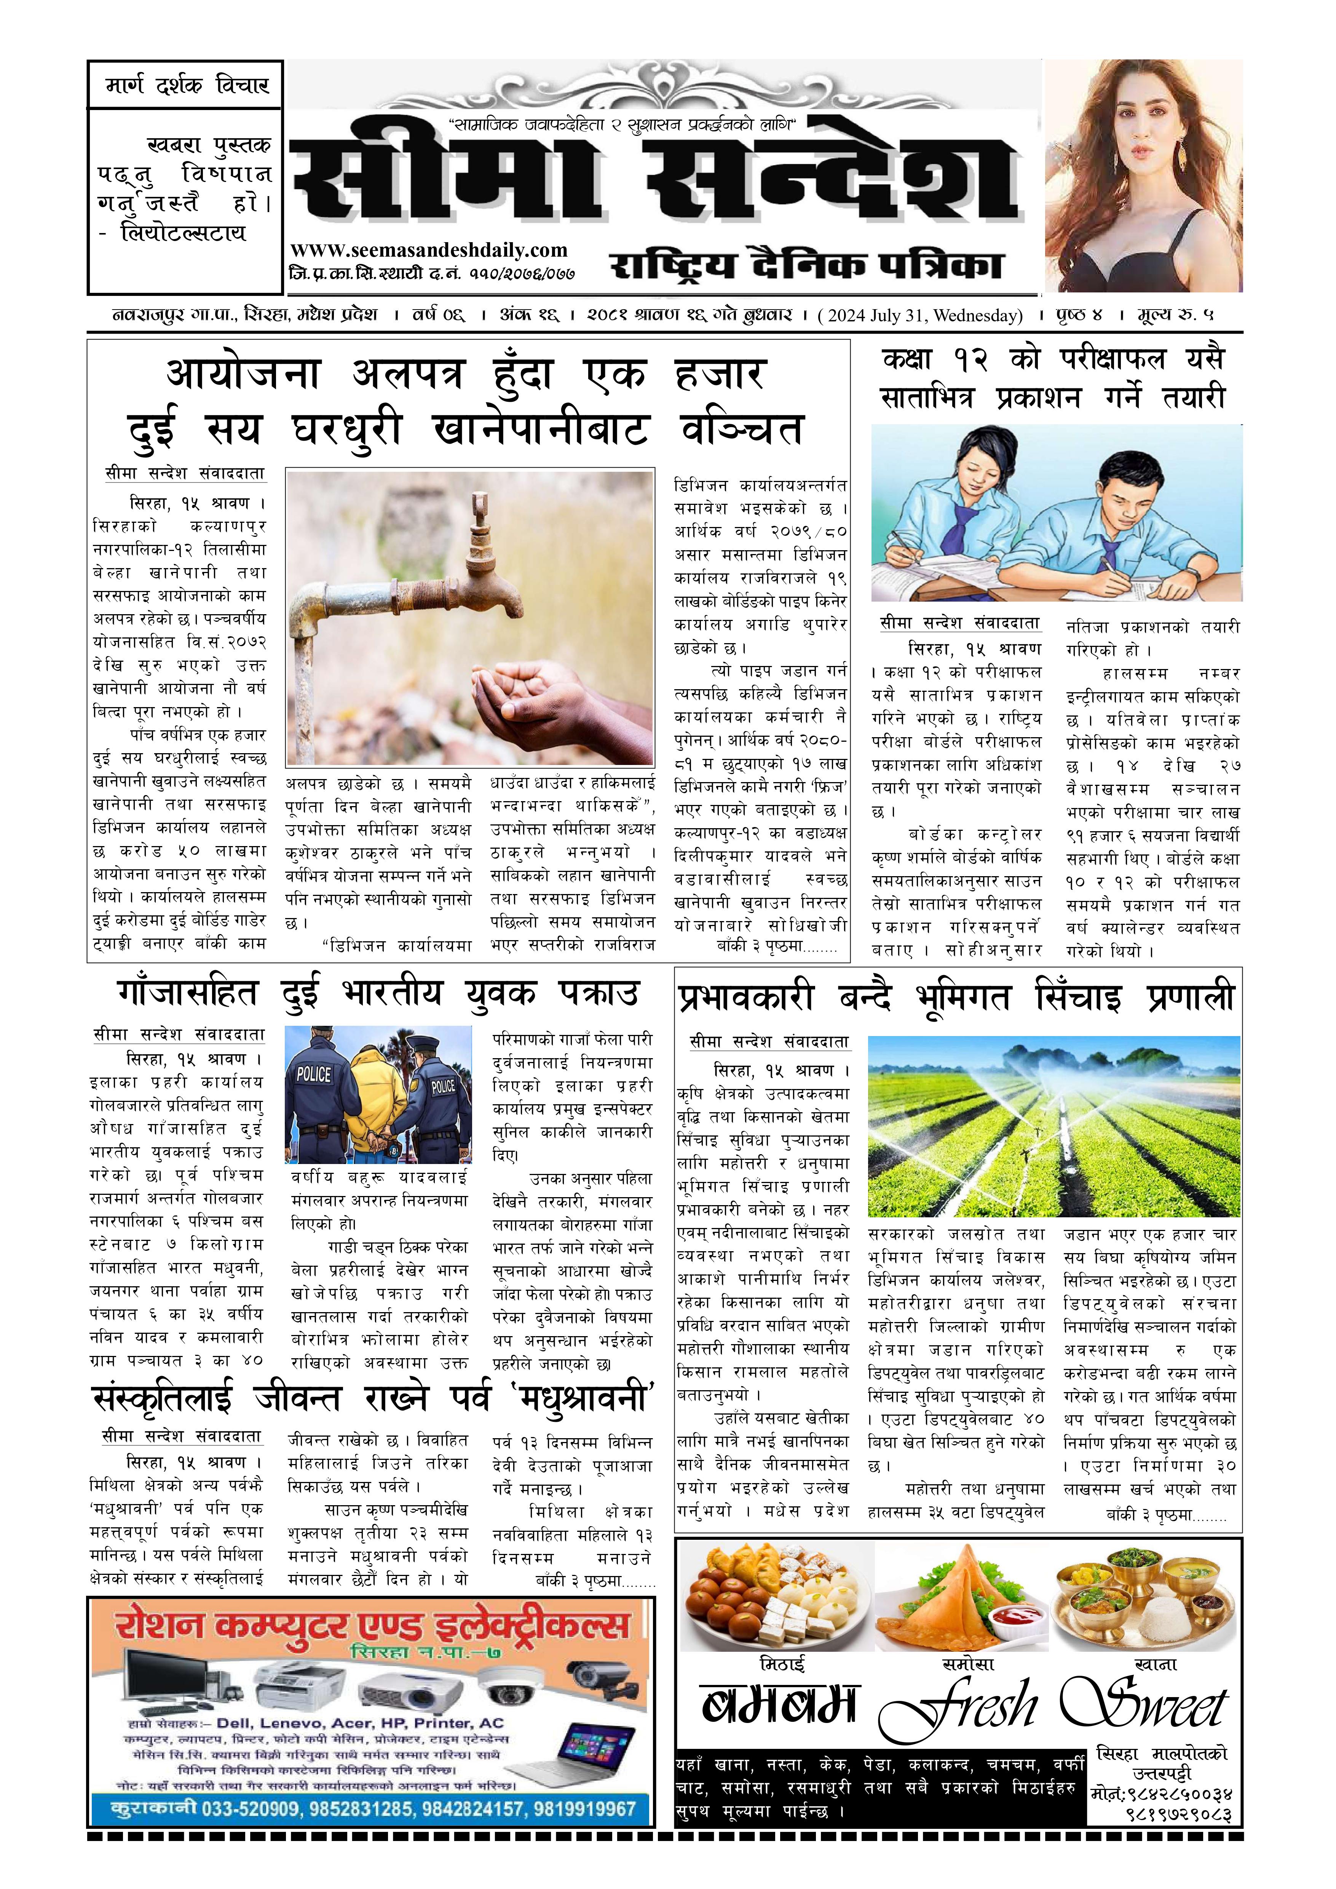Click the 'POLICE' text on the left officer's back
click(313, 1075)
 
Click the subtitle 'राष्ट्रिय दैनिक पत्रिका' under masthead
click(806, 265)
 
